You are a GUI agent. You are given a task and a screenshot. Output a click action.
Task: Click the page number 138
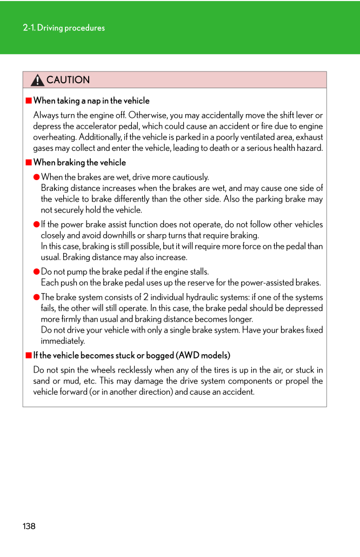click(29, 526)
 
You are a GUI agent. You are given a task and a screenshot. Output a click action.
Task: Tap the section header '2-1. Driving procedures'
click(64, 28)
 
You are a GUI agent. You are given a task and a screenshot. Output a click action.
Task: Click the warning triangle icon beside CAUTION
click(37, 81)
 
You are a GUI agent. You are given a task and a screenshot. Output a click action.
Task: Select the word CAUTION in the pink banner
click(68, 80)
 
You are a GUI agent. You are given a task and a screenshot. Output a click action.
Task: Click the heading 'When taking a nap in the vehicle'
click(91, 101)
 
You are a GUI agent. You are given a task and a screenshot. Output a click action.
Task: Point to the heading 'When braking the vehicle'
click(79, 162)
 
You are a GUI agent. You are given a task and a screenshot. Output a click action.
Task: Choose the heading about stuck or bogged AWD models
click(131, 355)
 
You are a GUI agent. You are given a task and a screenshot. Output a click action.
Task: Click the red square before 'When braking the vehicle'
click(29, 162)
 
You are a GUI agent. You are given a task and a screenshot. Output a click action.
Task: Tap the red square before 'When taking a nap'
click(29, 101)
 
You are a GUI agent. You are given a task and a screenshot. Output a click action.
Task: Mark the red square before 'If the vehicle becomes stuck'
click(29, 355)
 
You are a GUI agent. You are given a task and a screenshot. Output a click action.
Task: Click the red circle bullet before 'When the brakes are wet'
click(37, 177)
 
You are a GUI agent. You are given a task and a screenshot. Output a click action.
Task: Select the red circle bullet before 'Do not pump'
click(37, 272)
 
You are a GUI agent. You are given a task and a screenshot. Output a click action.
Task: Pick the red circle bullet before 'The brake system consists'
click(37, 297)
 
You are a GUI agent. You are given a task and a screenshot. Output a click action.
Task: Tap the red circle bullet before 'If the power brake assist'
click(37, 224)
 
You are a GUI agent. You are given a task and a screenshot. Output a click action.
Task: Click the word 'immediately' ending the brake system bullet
click(63, 341)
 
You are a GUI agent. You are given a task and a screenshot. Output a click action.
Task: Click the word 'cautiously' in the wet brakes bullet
click(190, 177)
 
